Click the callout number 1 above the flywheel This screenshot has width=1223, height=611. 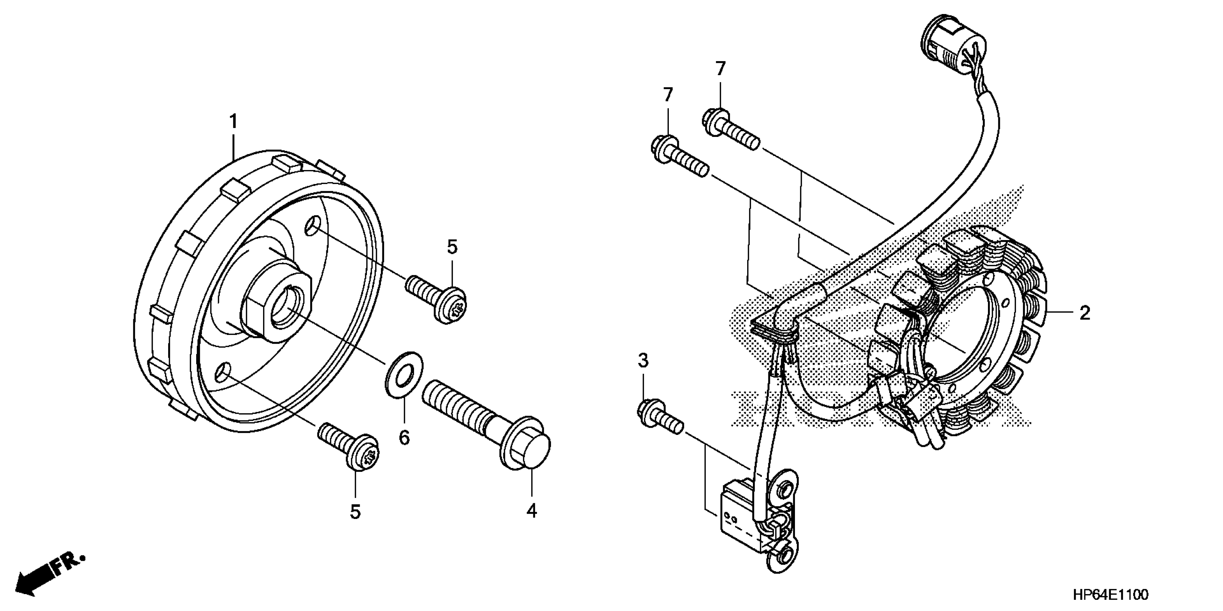pos(233,122)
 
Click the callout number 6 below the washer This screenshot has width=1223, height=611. pos(404,437)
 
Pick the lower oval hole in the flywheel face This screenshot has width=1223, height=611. pos(223,376)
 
